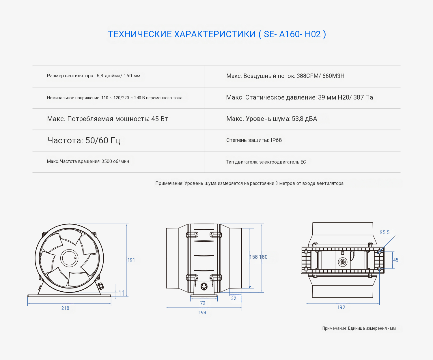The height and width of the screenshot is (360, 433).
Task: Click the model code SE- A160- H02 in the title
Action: tap(292, 34)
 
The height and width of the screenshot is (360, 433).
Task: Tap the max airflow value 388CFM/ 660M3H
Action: tap(320, 76)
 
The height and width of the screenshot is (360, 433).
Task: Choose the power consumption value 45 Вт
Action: tap(159, 119)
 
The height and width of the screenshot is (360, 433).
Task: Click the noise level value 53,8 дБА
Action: tap(305, 119)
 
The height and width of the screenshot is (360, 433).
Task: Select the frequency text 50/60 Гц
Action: tap(103, 140)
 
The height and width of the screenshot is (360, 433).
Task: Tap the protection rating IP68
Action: tap(276, 140)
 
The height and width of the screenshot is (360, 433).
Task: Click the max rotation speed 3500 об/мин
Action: tap(115, 162)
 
